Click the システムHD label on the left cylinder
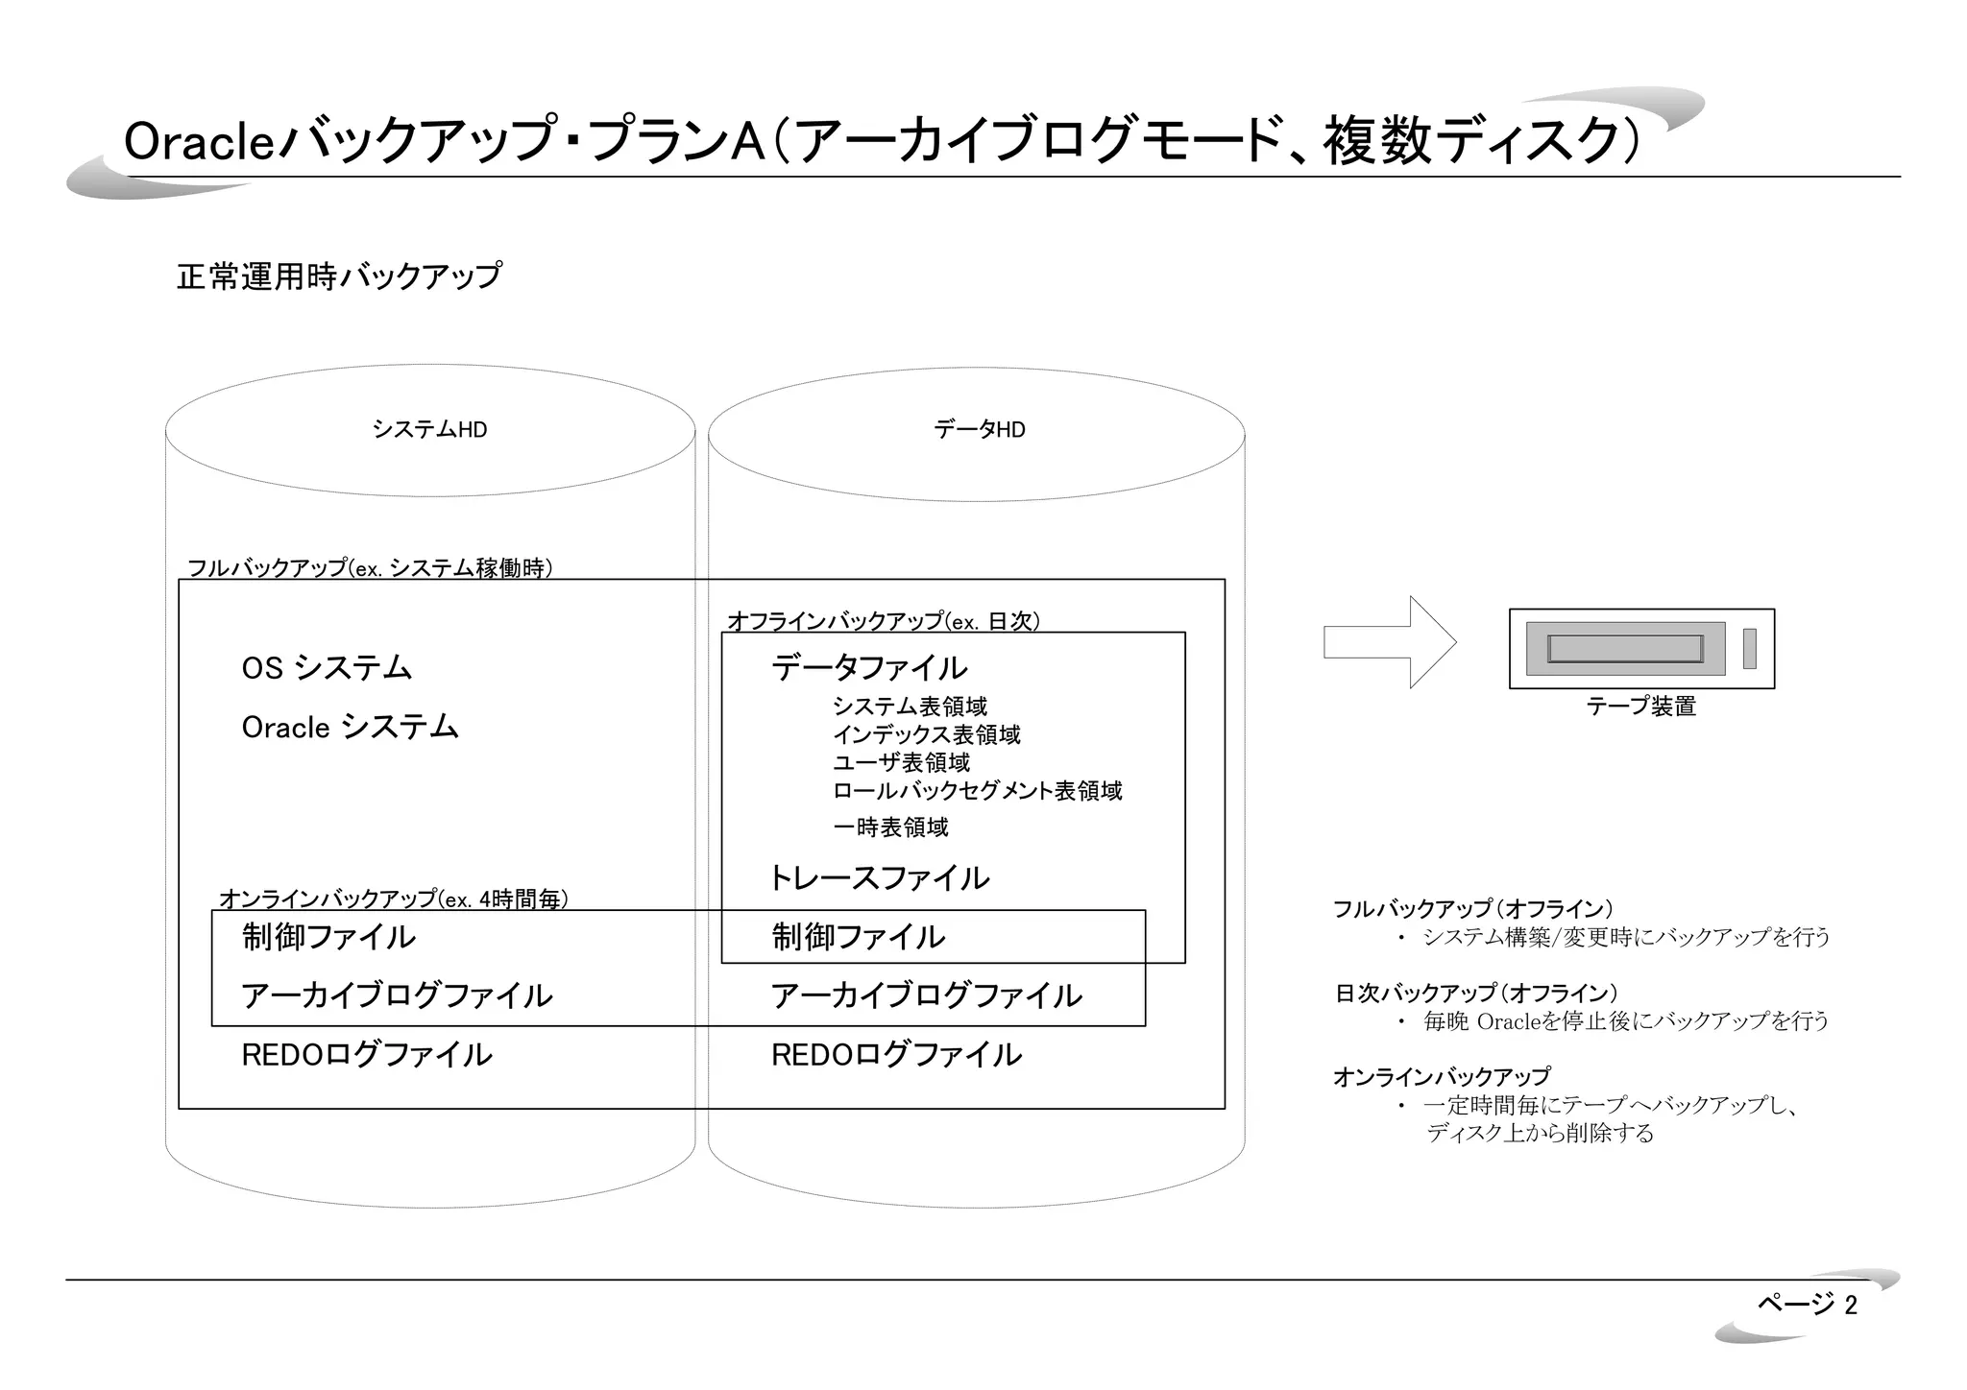click(429, 430)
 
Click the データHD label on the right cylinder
click(980, 430)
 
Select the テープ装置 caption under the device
click(1640, 707)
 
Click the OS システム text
click(327, 668)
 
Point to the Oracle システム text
click(350, 728)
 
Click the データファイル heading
click(869, 668)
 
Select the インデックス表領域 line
click(926, 735)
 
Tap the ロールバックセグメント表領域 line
click(977, 791)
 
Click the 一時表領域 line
click(890, 827)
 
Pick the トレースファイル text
click(879, 878)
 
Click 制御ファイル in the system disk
click(328, 937)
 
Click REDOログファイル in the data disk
click(896, 1055)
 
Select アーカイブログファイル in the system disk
click(397, 995)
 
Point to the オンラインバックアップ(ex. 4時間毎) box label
click(394, 899)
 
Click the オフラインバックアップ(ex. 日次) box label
click(884, 621)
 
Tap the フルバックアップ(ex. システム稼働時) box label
click(369, 568)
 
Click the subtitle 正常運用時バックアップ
click(339, 276)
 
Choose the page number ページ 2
click(1807, 1304)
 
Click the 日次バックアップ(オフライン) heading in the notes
click(1475, 994)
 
